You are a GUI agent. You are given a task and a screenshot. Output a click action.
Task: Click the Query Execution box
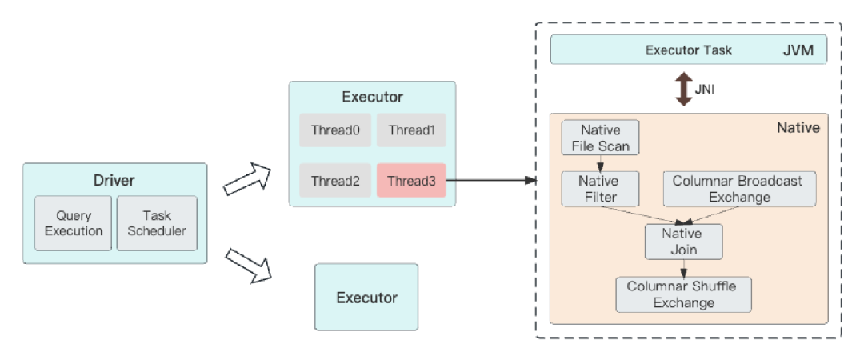tap(73, 223)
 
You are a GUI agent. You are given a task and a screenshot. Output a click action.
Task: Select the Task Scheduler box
tap(157, 223)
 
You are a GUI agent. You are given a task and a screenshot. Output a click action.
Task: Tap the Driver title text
tap(114, 179)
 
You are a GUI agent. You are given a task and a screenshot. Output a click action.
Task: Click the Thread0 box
tap(335, 130)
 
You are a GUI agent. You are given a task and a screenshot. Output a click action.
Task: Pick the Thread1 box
tap(411, 130)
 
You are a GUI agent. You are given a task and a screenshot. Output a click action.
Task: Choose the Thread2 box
tap(335, 181)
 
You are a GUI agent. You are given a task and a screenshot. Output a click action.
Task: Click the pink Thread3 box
tap(411, 181)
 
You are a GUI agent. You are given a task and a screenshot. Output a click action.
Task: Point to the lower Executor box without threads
tap(366, 298)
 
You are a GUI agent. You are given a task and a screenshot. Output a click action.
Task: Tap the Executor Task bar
tap(688, 50)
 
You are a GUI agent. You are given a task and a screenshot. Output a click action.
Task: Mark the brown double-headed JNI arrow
tap(683, 89)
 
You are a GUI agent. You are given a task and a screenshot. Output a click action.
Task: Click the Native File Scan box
tap(601, 138)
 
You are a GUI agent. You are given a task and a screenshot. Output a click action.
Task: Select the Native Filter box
tap(601, 189)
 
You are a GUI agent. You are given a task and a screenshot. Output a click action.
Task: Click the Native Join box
tap(683, 242)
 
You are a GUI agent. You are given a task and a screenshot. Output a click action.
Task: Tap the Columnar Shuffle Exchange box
tap(683, 294)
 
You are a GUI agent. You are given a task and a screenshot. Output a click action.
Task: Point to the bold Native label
tap(798, 127)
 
